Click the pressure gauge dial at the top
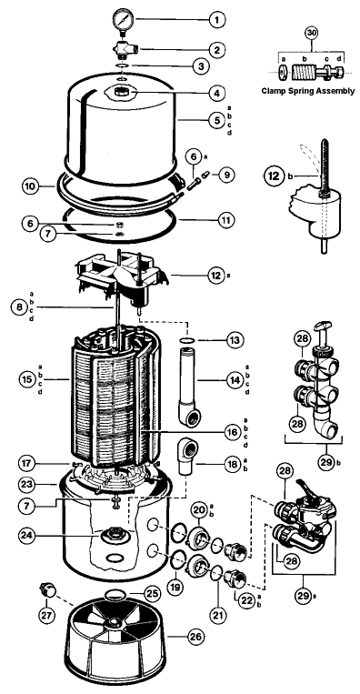click(x=121, y=19)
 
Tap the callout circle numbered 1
click(x=216, y=20)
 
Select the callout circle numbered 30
click(x=311, y=33)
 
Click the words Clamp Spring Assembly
click(x=308, y=91)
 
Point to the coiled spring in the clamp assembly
click(x=303, y=72)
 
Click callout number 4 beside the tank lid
click(x=216, y=94)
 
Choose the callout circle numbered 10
click(x=30, y=186)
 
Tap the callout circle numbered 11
click(x=227, y=219)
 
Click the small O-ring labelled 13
click(x=187, y=340)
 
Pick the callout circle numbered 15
click(x=26, y=379)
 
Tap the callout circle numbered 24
click(x=27, y=535)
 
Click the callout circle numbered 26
click(x=196, y=637)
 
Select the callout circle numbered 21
click(x=218, y=614)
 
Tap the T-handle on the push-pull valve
click(x=325, y=327)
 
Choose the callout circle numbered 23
click(x=26, y=485)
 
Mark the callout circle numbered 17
click(x=26, y=464)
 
